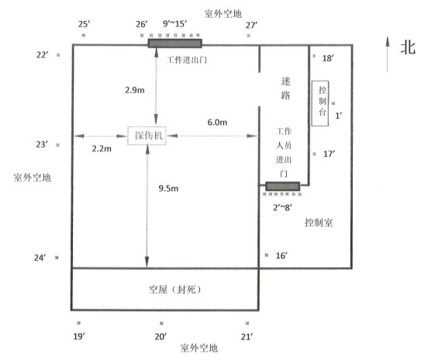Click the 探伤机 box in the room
point(147,136)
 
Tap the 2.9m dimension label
point(134,90)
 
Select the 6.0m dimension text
point(217,123)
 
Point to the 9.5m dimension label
point(168,189)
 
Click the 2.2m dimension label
point(102,149)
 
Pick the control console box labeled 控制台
point(320,103)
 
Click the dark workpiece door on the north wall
point(174,43)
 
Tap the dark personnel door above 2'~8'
point(283,186)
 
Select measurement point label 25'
point(84,24)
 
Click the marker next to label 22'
point(58,55)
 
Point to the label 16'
point(281,255)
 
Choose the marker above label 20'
point(161,323)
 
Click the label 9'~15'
point(174,24)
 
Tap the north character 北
point(408,48)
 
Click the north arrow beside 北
point(387,54)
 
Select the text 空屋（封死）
point(174,289)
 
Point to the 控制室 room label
point(319,223)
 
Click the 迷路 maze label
point(285,88)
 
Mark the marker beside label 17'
point(315,154)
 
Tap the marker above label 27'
point(248,36)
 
